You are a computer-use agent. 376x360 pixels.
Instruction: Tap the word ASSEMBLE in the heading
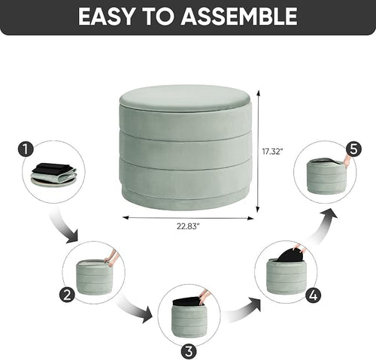239,17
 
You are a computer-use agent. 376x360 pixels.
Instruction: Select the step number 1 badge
26,150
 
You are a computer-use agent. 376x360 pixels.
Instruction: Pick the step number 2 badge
67,295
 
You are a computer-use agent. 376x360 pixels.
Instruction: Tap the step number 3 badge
189,351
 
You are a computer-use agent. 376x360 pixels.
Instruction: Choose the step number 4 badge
314,295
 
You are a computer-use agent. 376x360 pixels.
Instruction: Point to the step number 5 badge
353,150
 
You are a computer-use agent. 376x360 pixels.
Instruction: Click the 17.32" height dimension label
272,152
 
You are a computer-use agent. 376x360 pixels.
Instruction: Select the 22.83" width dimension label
188,226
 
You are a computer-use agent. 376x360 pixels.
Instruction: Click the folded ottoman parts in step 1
53,174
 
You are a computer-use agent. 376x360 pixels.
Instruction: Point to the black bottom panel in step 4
290,254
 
